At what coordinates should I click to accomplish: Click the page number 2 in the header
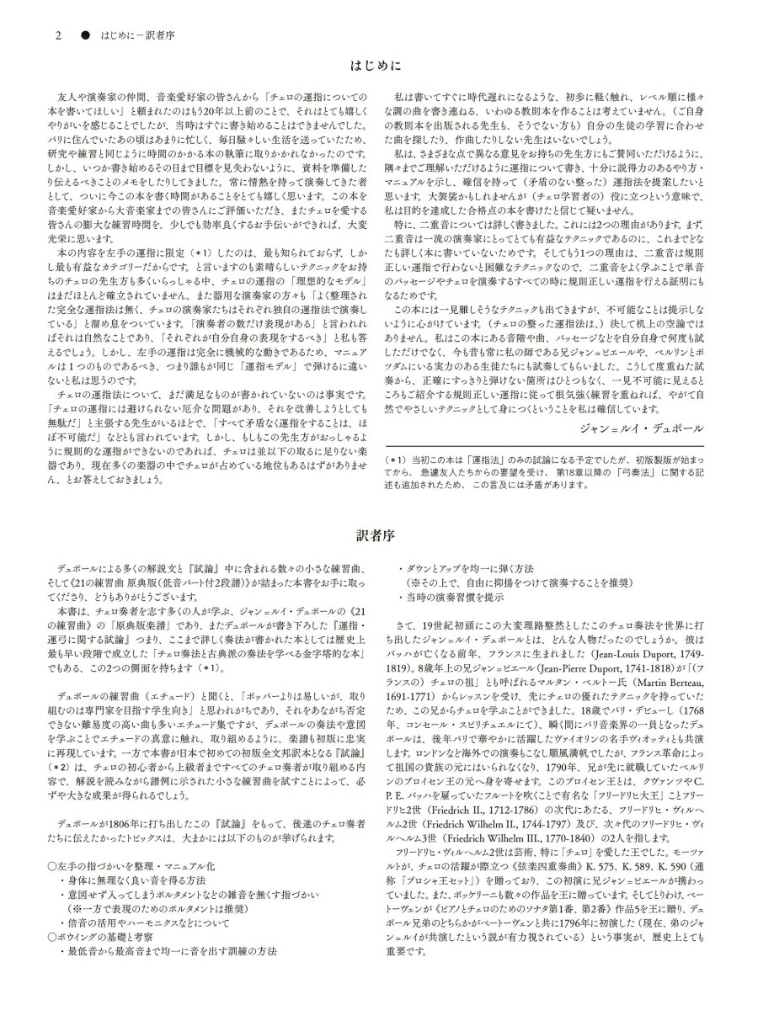(58, 36)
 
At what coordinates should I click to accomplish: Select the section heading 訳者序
(378, 533)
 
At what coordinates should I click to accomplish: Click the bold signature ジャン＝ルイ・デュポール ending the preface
(641, 428)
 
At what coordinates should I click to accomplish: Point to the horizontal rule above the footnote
(544, 447)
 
